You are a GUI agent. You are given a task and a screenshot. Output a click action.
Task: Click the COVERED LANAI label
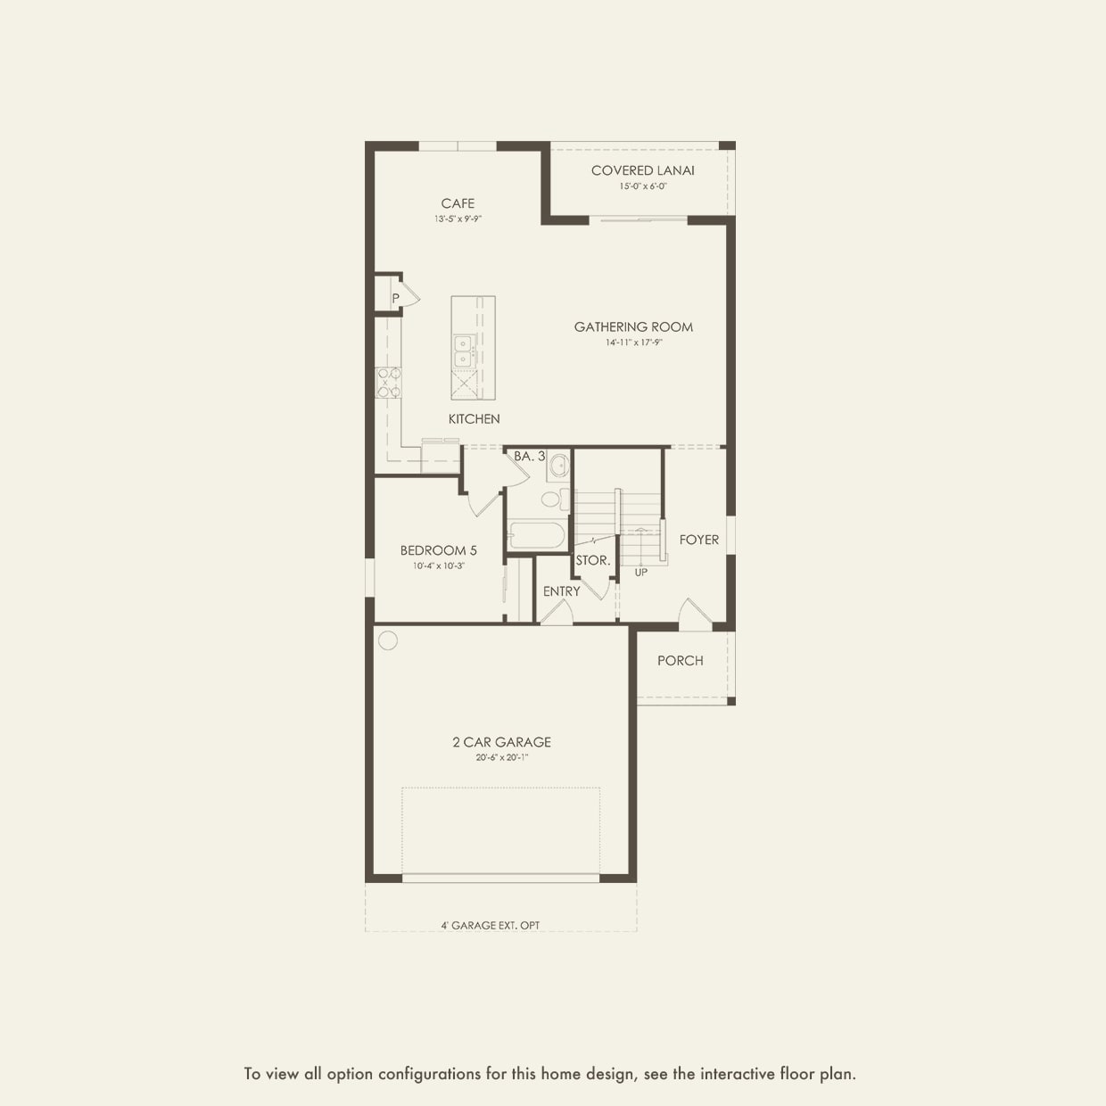pos(642,170)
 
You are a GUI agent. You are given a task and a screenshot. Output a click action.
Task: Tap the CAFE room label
pos(458,203)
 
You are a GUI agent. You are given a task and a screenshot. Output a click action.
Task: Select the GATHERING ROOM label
pos(633,327)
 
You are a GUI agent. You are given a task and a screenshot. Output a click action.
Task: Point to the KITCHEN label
pos(474,419)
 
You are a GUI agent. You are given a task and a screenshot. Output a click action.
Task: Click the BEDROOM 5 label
pos(438,550)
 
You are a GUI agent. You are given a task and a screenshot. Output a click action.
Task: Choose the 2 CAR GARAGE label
pos(501,742)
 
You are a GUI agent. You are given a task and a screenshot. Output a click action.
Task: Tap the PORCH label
pos(680,661)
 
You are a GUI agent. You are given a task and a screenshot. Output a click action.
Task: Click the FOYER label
pos(698,540)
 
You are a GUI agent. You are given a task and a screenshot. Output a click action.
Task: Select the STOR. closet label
pos(592,561)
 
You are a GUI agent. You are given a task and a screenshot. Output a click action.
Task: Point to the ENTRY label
pos(561,591)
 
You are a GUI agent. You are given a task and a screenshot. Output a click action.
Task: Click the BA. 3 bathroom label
pos(529,456)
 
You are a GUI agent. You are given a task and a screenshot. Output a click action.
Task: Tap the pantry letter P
pos(395,298)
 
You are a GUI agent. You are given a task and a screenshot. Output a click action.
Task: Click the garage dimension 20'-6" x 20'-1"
pos(501,758)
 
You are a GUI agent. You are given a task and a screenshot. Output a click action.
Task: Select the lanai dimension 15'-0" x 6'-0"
pos(643,186)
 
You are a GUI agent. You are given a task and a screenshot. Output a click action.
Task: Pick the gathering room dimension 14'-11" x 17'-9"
pos(633,343)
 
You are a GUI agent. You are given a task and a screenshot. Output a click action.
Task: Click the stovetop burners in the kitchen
pos(388,383)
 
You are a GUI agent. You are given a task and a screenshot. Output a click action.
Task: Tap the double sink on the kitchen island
pos(462,351)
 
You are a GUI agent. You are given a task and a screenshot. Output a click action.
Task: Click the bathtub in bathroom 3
pos(535,536)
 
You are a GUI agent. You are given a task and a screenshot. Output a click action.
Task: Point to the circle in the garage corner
pos(387,640)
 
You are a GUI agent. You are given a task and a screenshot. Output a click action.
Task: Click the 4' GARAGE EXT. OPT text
pos(490,926)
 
